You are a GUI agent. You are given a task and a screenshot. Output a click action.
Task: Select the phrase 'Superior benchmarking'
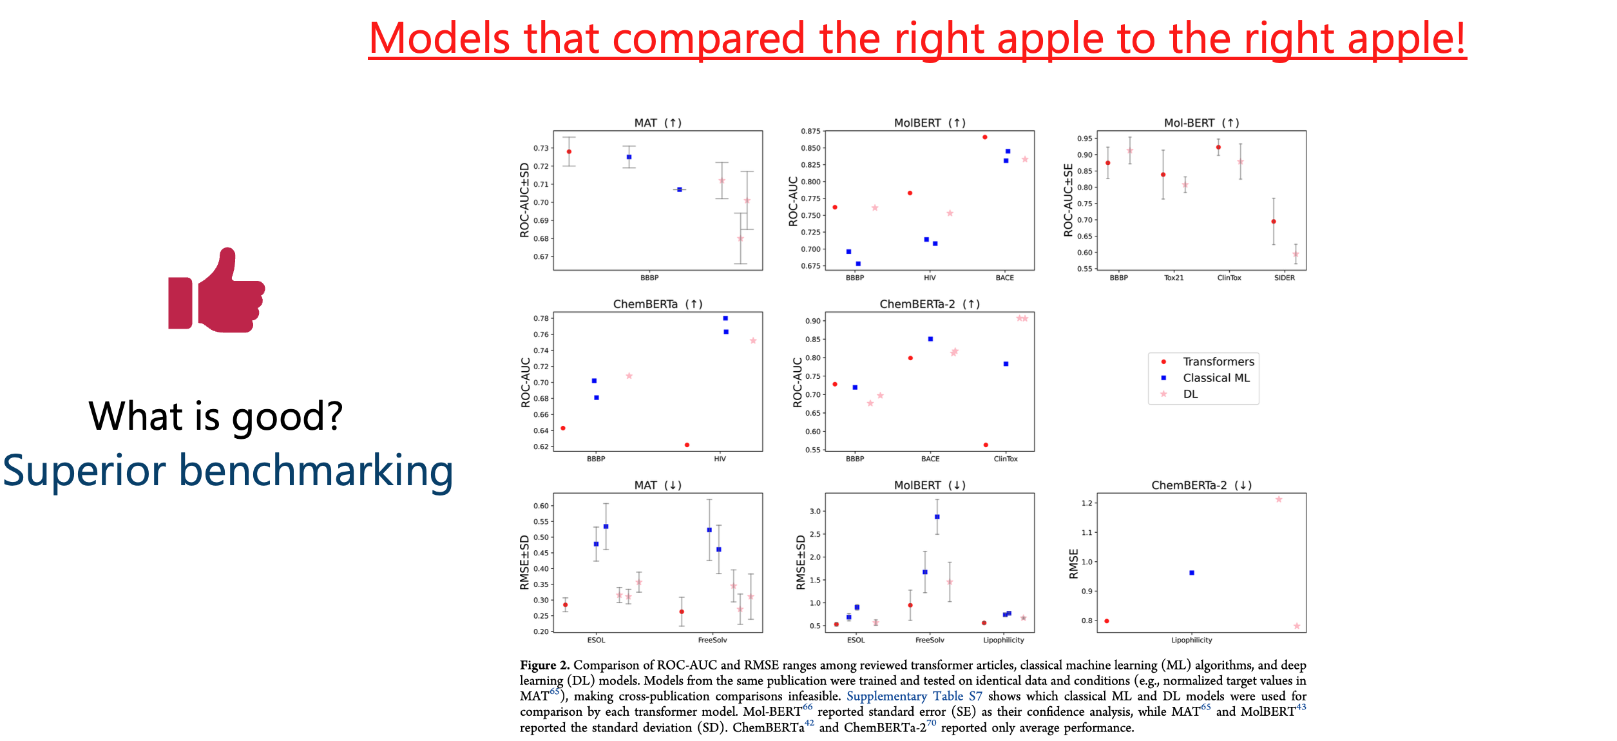point(228,471)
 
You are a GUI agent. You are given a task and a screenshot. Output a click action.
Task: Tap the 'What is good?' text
point(215,416)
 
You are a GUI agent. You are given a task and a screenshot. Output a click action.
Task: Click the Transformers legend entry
point(1218,361)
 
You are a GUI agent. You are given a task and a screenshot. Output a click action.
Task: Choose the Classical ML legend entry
point(1216,378)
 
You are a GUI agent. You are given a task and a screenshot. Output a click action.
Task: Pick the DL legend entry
point(1190,394)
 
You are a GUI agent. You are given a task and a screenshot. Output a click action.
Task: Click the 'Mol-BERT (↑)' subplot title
point(1201,122)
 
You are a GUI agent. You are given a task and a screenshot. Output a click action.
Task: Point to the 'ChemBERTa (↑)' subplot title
point(657,303)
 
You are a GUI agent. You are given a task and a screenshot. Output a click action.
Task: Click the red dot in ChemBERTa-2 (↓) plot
point(1107,621)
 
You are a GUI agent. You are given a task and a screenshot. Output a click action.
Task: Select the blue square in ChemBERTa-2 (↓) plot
point(1192,573)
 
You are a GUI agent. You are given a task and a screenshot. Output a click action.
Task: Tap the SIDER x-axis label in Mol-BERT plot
point(1284,278)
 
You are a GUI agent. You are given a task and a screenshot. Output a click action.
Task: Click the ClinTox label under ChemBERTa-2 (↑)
point(1005,459)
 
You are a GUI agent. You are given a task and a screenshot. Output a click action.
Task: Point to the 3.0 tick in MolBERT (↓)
point(815,511)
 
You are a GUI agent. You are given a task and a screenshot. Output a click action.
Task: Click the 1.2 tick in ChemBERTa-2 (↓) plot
point(1087,503)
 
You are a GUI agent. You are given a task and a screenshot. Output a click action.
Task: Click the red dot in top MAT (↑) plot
point(569,151)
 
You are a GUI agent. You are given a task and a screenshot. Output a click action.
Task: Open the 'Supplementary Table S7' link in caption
point(914,696)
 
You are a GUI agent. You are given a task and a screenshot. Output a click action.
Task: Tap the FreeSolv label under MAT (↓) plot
point(712,640)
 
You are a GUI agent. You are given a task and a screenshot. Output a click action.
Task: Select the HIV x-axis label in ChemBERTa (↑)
point(720,459)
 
